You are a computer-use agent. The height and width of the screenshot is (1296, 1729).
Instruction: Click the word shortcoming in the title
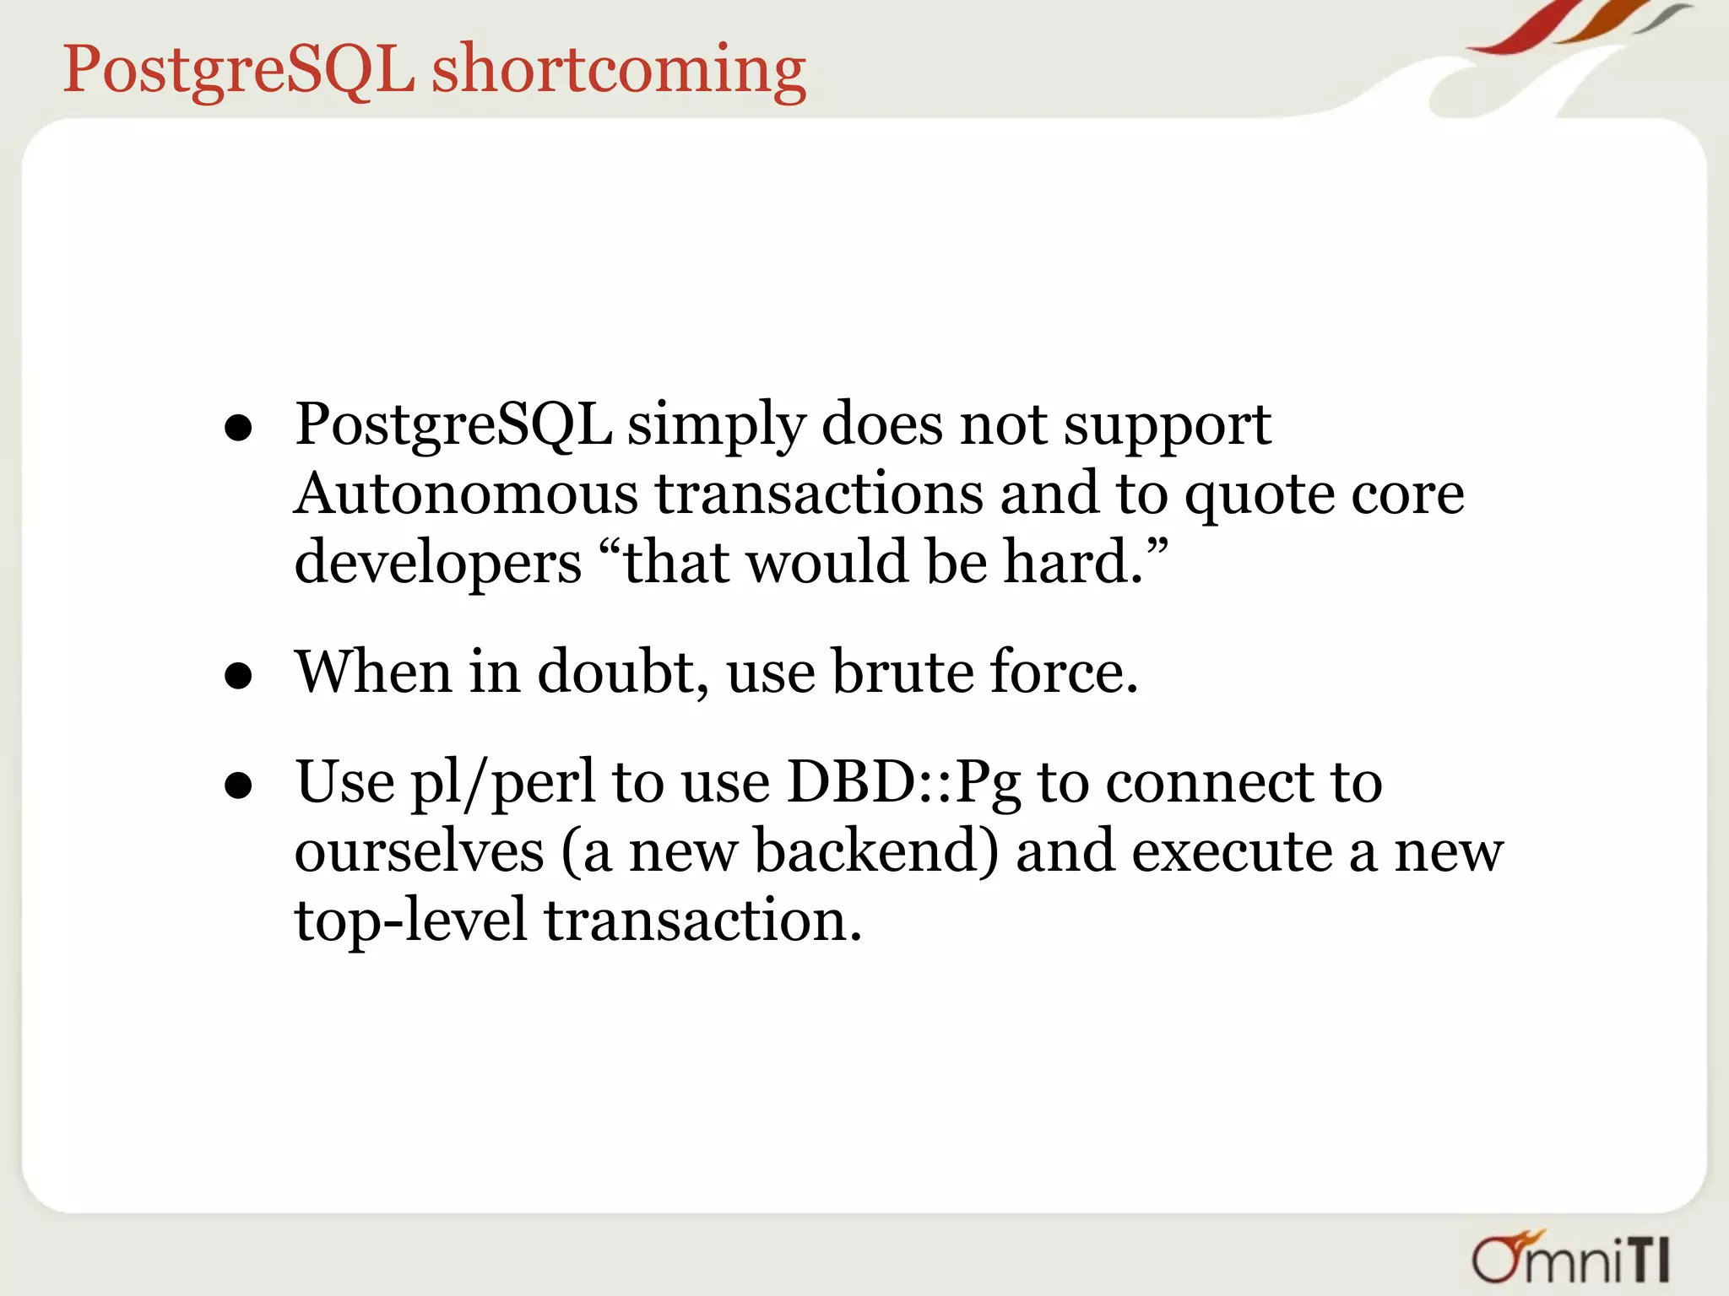pos(619,71)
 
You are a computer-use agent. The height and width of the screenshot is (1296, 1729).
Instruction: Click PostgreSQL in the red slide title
pos(239,71)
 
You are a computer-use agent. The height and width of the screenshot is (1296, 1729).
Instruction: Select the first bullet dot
pos(239,429)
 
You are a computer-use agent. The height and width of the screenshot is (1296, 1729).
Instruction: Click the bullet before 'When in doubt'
pos(239,676)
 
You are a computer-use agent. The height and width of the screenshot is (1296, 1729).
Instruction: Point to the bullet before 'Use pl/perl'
pos(239,786)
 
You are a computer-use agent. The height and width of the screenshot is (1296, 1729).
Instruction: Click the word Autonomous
pos(466,494)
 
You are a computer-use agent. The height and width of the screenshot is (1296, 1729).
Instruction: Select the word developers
pos(437,564)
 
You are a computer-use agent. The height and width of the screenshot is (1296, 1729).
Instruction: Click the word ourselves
pos(420,851)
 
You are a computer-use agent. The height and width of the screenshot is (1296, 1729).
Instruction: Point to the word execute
pos(1232,851)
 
